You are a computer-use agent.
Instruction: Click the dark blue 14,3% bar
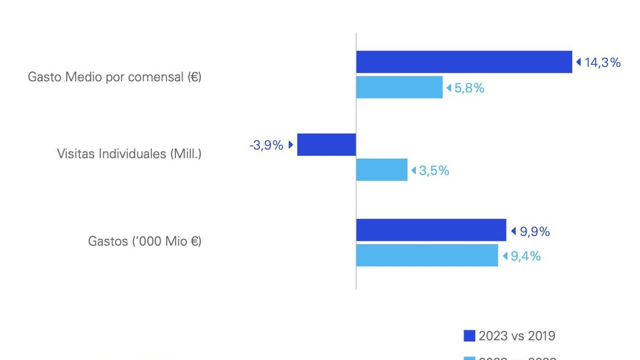[464, 62]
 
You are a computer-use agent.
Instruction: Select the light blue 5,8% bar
[399, 87]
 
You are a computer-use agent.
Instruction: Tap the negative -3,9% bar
[326, 145]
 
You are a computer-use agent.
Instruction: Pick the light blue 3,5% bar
[382, 170]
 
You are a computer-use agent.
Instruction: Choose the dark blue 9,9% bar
[431, 230]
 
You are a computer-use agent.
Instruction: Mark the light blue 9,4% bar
[427, 255]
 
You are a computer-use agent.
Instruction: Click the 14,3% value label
[602, 62]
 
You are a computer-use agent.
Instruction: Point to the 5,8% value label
[469, 88]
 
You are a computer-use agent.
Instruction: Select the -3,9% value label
[266, 145]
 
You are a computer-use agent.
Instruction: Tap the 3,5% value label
[434, 171]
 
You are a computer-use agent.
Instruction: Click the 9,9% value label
[534, 232]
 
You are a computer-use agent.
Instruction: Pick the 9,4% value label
[526, 256]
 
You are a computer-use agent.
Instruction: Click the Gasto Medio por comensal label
[114, 77]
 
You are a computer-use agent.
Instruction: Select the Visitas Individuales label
[129, 154]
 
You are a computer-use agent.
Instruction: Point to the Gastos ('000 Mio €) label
[144, 241]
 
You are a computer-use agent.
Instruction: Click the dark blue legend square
[469, 336]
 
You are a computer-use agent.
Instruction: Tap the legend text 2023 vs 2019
[517, 336]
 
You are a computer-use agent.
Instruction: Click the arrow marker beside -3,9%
[291, 144]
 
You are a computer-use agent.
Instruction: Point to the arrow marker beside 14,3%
[578, 62]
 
